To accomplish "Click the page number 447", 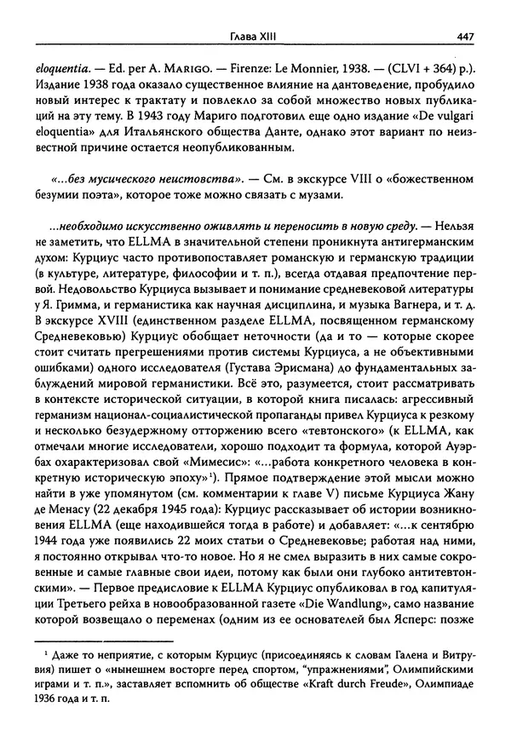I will tap(465, 36).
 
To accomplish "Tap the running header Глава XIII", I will tap(256, 36).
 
